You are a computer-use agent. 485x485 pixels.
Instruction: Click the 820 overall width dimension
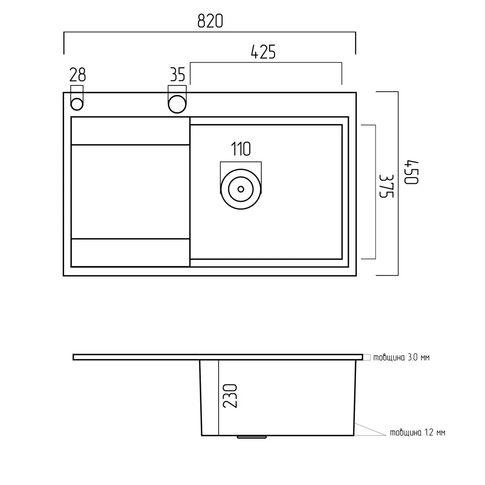click(210, 21)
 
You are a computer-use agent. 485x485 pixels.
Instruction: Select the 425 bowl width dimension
click(263, 52)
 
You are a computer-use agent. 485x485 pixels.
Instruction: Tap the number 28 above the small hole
click(77, 75)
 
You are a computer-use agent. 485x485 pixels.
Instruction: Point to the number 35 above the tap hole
click(178, 75)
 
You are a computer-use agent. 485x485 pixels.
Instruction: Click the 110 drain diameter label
click(241, 149)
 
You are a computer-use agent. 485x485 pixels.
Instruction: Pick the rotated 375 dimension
click(387, 186)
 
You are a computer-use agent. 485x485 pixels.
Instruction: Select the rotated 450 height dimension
click(411, 172)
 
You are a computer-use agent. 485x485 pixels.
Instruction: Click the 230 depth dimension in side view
click(230, 396)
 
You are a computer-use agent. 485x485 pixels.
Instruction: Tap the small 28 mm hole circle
click(77, 104)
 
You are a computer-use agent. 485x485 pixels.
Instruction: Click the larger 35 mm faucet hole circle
click(177, 104)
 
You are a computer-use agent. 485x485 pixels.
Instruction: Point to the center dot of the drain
click(241, 189)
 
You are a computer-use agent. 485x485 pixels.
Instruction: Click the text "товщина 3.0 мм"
click(402, 357)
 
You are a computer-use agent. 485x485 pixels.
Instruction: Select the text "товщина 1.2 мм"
click(418, 433)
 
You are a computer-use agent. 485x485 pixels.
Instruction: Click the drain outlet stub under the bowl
click(252, 437)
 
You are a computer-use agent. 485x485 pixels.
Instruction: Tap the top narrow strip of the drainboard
click(130, 131)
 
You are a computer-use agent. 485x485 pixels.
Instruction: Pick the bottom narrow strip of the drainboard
click(130, 253)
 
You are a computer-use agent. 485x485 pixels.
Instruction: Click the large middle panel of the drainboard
click(130, 192)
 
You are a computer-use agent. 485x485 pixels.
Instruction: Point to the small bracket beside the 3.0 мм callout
click(367, 357)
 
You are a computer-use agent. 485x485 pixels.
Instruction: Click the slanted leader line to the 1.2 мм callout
click(370, 429)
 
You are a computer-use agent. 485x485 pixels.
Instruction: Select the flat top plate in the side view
click(218, 357)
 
